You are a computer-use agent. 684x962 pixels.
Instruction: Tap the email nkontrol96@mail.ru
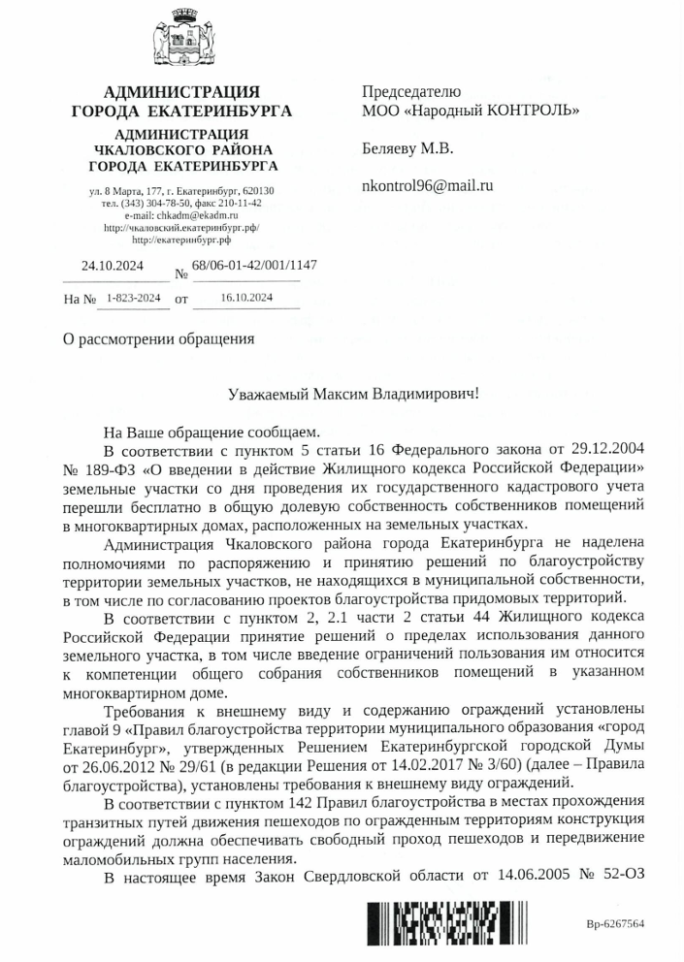tap(427, 184)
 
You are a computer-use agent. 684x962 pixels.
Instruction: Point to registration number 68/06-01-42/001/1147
tap(254, 265)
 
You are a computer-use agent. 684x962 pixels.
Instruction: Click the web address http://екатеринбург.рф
tap(181, 238)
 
